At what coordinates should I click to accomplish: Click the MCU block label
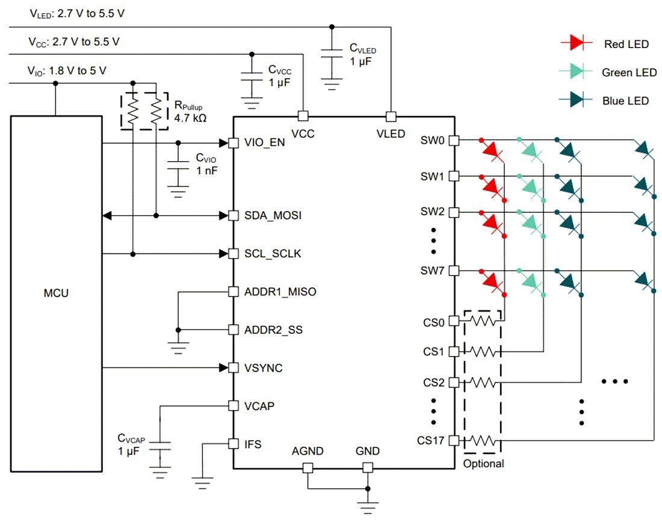pos(56,294)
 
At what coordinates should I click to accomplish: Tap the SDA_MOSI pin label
pos(273,215)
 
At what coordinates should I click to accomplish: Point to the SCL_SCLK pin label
pos(273,254)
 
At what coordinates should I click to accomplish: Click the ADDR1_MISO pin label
pos(280,292)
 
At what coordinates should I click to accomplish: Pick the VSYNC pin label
pos(263,367)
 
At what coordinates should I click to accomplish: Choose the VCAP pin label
pos(259,406)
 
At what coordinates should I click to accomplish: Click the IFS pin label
pos(253,444)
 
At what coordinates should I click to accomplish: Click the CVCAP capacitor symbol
pos(159,445)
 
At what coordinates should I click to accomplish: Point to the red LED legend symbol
pos(572,42)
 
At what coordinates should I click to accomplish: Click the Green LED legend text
pos(629,73)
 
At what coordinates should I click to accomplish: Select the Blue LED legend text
pos(625,101)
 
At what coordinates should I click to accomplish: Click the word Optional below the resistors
pos(483,464)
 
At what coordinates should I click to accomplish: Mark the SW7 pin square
pos(454,271)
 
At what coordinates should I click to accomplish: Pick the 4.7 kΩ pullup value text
pos(190,118)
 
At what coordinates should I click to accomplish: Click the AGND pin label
pos(308,451)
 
